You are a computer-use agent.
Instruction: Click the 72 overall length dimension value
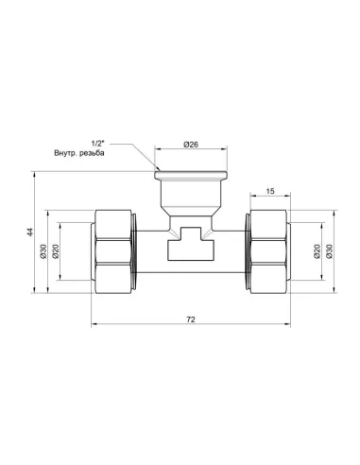point(190,320)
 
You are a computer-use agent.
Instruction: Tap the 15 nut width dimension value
point(269,191)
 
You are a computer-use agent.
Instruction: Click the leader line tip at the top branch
point(155,170)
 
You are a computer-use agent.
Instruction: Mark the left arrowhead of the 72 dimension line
point(95,328)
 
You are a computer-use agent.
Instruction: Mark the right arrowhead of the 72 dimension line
point(284,328)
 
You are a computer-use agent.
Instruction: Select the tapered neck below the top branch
point(190,200)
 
